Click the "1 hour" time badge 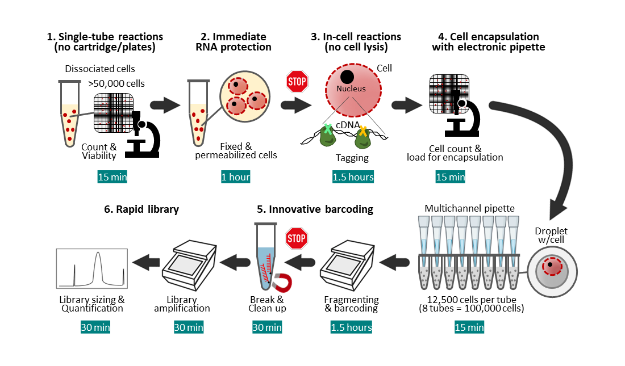[x=235, y=177]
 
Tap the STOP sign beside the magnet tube [x=296, y=239]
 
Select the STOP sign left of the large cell [x=297, y=82]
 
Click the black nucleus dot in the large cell [x=347, y=77]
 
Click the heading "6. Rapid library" [x=141, y=209]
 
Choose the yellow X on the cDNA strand [x=362, y=131]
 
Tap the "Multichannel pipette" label [x=470, y=208]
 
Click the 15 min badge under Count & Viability [x=112, y=177]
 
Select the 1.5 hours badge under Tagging [x=353, y=177]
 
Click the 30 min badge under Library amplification [x=189, y=327]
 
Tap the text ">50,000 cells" [x=116, y=83]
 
